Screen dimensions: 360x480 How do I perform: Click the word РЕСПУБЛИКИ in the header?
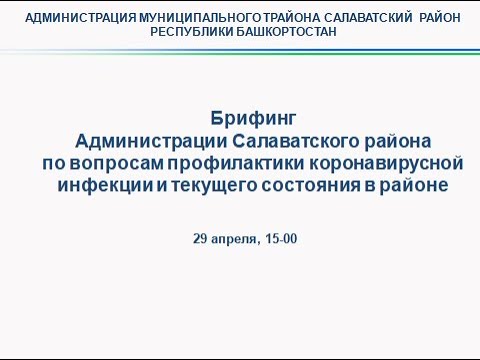[x=191, y=31]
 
